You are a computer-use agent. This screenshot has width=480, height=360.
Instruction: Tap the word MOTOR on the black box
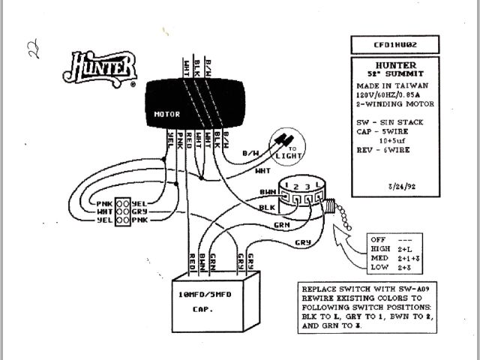166,115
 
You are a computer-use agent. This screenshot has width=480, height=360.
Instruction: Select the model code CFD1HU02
396,44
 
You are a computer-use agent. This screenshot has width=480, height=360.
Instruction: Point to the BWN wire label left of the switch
267,191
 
